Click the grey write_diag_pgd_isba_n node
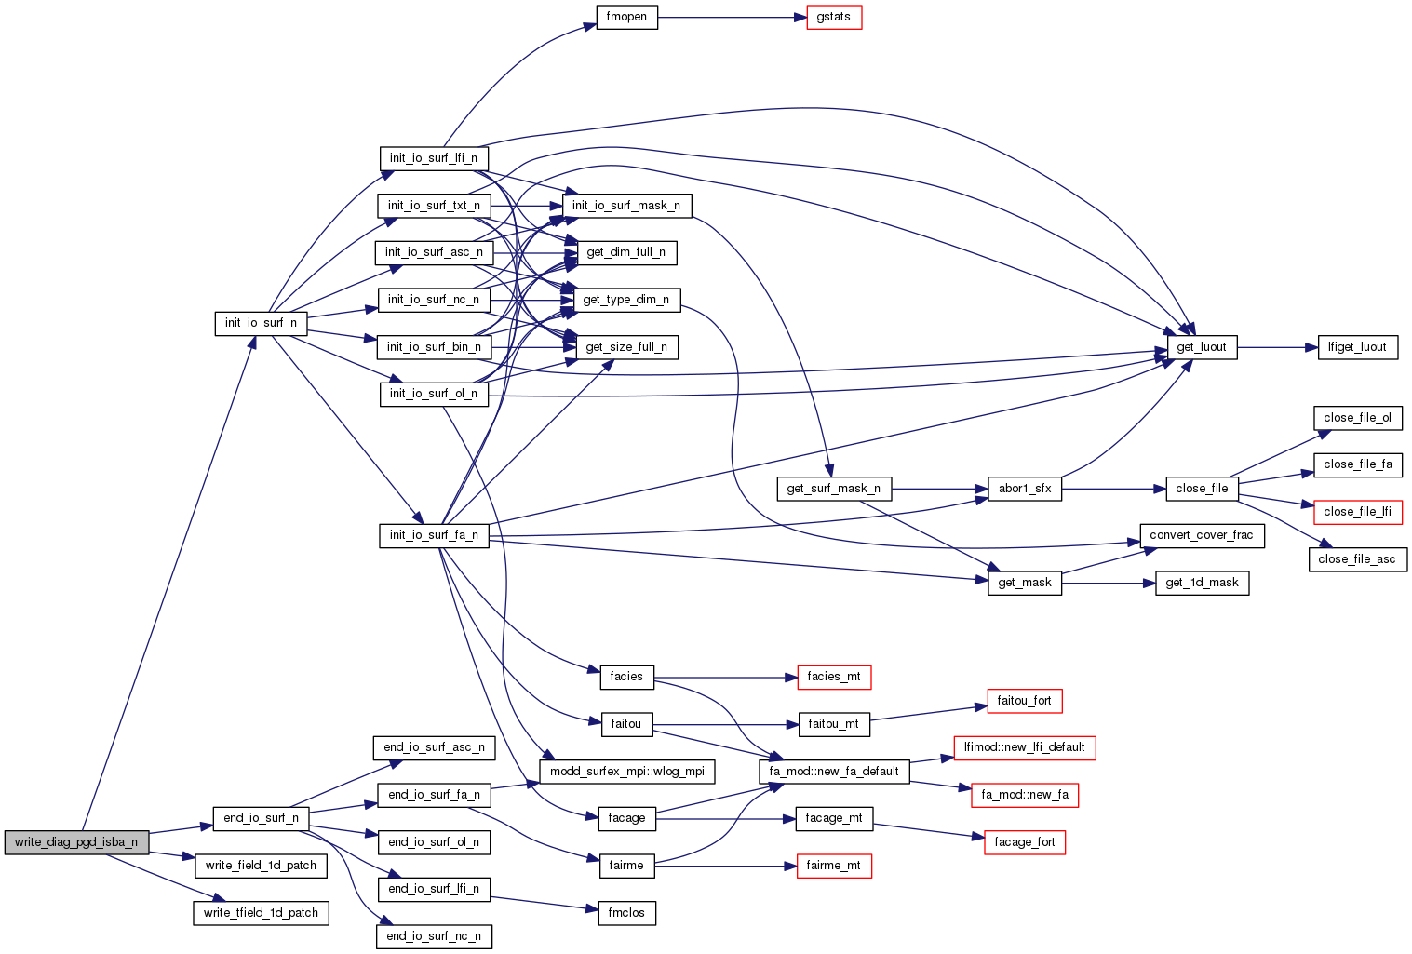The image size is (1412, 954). coord(76,842)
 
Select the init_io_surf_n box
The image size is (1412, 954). coord(261,323)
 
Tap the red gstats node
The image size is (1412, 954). coord(834,18)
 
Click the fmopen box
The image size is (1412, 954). coord(626,18)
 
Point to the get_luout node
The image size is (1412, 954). coord(1202,347)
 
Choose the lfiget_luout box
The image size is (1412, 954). coord(1357,347)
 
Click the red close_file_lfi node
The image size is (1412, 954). coord(1357,512)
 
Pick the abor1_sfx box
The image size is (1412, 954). coord(1025,489)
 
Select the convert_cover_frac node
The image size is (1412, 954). coord(1202,535)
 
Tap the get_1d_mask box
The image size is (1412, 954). coord(1202,583)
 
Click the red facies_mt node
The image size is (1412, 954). coord(834,677)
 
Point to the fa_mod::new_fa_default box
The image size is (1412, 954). coord(834,772)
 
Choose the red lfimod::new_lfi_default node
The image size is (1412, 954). coord(1025,747)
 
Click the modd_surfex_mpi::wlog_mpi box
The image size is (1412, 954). coord(627,772)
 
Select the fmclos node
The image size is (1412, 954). coord(626,913)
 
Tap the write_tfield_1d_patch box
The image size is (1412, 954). coord(261,913)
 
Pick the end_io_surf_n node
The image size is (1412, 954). coord(261,818)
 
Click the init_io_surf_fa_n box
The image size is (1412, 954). coord(434,535)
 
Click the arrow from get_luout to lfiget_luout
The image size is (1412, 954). coord(1277,347)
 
